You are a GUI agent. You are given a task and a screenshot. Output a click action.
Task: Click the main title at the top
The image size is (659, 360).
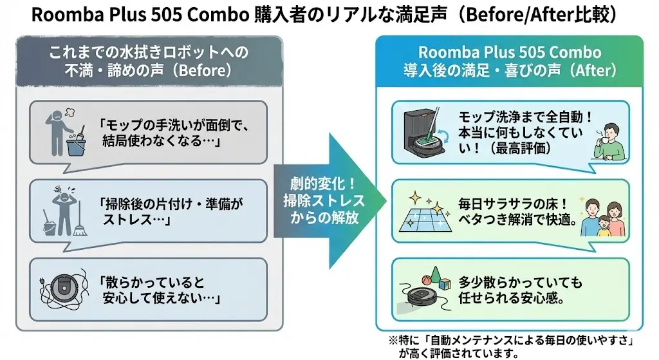(329, 15)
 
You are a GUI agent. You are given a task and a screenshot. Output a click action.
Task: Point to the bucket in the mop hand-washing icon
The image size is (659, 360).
(76, 145)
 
